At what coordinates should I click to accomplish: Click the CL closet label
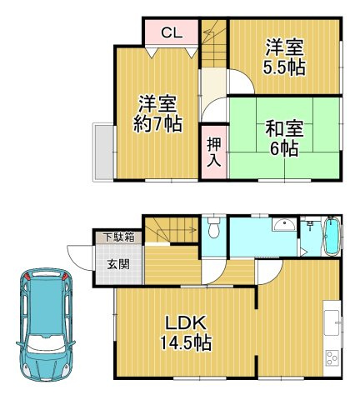pyautogui.click(x=172, y=33)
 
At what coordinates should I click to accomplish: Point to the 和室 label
pyautogui.click(x=284, y=129)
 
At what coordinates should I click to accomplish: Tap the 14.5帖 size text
pyautogui.click(x=186, y=342)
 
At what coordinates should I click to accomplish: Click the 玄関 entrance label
pyautogui.click(x=117, y=264)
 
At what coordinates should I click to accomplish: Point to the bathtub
pyautogui.click(x=330, y=236)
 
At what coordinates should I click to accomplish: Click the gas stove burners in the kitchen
pyautogui.click(x=332, y=361)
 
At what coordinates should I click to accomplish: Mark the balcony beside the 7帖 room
pyautogui.click(x=104, y=151)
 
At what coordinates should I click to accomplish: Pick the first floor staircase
pyautogui.click(x=171, y=230)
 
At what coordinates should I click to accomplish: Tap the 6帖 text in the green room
pyautogui.click(x=284, y=149)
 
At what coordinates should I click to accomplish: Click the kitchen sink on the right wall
pyautogui.click(x=333, y=323)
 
